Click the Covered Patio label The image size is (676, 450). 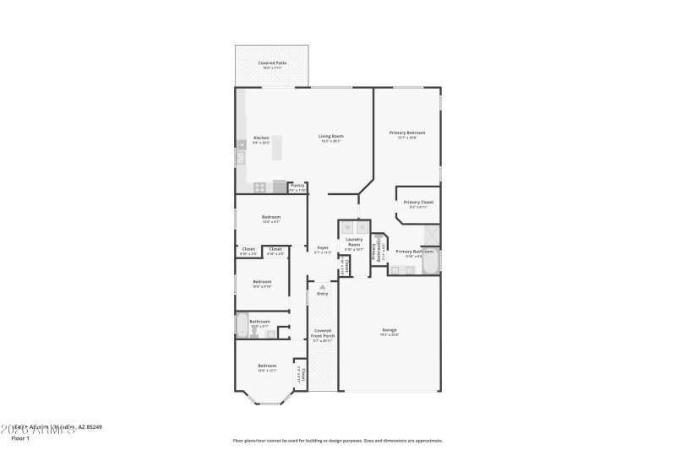[272, 64]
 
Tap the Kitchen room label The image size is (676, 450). [261, 138]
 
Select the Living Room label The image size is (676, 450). [330, 138]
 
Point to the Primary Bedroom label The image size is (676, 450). [406, 134]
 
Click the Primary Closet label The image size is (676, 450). [417, 203]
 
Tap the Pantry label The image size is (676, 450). [297, 187]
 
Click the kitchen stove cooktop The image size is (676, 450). [260, 187]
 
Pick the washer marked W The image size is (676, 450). [346, 227]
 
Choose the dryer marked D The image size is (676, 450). [361, 227]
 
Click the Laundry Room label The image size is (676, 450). [354, 242]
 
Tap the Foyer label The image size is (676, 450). [321, 249]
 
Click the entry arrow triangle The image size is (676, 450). [322, 287]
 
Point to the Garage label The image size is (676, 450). [390, 331]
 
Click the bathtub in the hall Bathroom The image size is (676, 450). [242, 326]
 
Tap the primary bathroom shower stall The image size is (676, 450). [431, 234]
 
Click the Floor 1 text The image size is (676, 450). [20, 438]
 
